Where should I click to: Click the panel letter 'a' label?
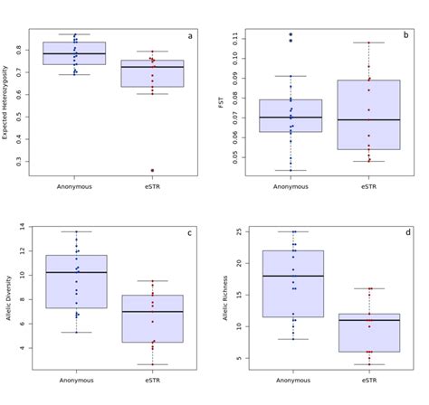(x=190, y=36)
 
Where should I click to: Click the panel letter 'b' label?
(x=405, y=35)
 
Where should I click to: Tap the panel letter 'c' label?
(x=190, y=233)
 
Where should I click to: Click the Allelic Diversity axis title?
(x=7, y=298)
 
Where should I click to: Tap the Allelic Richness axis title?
(x=223, y=298)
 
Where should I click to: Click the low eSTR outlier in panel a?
(x=152, y=170)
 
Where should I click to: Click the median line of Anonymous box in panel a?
(x=74, y=54)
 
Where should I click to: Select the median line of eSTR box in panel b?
(x=368, y=120)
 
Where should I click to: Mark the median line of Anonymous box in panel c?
(x=74, y=272)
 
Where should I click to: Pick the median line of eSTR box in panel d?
(x=368, y=320)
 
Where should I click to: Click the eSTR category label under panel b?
(x=368, y=187)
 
